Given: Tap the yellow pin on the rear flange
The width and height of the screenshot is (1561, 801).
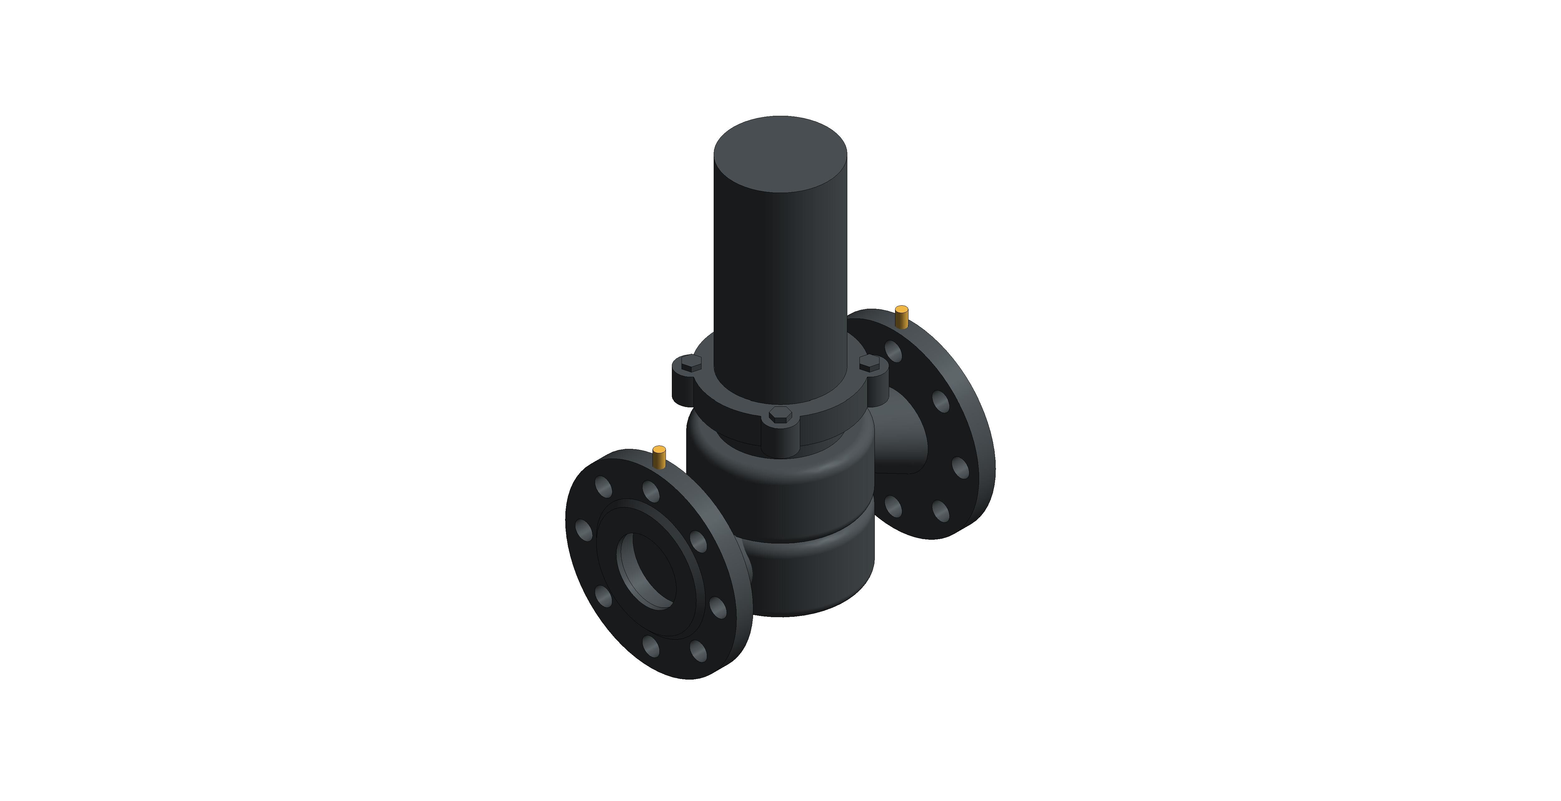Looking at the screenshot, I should pyautogui.click(x=902, y=317).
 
